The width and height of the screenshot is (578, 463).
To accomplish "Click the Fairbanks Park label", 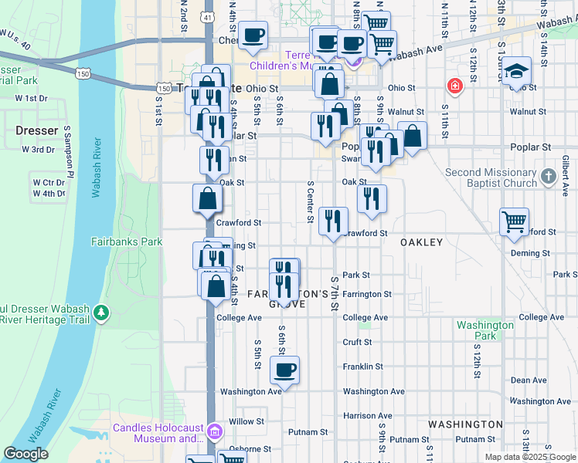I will pyautogui.click(x=135, y=242).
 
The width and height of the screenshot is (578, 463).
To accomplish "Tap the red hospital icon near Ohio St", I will pyautogui.click(x=454, y=86).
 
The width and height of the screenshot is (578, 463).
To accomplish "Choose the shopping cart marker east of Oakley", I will pyautogui.click(x=514, y=221).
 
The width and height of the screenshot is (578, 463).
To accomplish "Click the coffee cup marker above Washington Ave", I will pyautogui.click(x=285, y=370).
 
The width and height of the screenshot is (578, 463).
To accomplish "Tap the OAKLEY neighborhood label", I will pyautogui.click(x=421, y=242).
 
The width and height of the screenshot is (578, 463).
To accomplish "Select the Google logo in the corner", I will pyautogui.click(x=25, y=454).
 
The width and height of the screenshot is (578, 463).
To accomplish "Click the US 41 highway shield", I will pyautogui.click(x=209, y=16).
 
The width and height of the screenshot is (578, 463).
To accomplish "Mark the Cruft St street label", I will pyautogui.click(x=357, y=342).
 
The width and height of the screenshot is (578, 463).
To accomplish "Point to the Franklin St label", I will pyautogui.click(x=362, y=367).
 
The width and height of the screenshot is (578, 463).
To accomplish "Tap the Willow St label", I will pyautogui.click(x=246, y=421).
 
